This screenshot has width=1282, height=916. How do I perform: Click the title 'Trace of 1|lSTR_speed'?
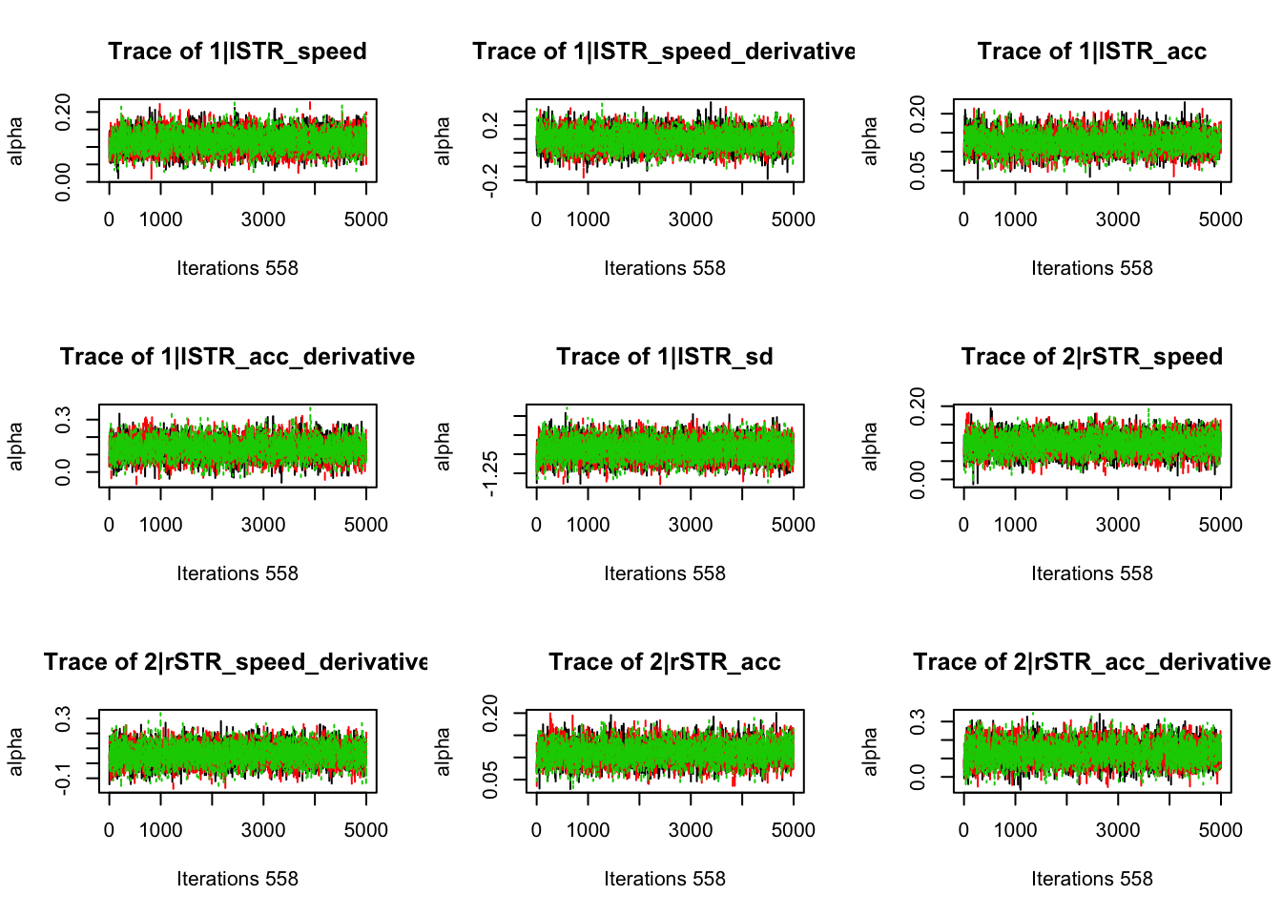coord(238,52)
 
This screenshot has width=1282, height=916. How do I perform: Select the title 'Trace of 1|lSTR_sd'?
coord(665,357)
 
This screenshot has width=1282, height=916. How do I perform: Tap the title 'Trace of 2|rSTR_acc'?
coord(665,662)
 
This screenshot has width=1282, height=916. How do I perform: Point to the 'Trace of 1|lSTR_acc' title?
coord(1092,52)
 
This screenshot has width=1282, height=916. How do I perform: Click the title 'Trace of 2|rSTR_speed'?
coord(1092,357)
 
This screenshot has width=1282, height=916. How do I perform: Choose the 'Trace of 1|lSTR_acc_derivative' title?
coord(238,357)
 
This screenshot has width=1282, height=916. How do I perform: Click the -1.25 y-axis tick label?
coord(490,473)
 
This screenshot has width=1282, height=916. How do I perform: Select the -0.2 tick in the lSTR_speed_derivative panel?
coord(490,178)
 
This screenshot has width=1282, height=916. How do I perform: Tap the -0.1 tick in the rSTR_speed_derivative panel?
coord(63,780)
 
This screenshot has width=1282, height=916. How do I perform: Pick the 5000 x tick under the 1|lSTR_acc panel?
coord(1221,219)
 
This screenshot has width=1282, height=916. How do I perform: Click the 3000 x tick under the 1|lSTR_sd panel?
coord(691,525)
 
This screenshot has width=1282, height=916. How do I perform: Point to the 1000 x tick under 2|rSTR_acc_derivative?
coord(1015,830)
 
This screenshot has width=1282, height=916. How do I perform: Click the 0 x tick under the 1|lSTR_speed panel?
coord(109,219)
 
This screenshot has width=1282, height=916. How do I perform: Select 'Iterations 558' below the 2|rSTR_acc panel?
coord(665,879)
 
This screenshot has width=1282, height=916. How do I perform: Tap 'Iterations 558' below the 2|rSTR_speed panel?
coord(1092,573)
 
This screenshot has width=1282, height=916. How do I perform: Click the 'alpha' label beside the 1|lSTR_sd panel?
coord(443,446)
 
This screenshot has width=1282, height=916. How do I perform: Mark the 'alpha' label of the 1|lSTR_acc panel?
coord(870,140)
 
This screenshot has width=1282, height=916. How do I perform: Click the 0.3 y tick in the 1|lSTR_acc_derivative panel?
coord(63,419)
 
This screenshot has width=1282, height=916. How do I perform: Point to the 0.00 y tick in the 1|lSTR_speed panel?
coord(63,181)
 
